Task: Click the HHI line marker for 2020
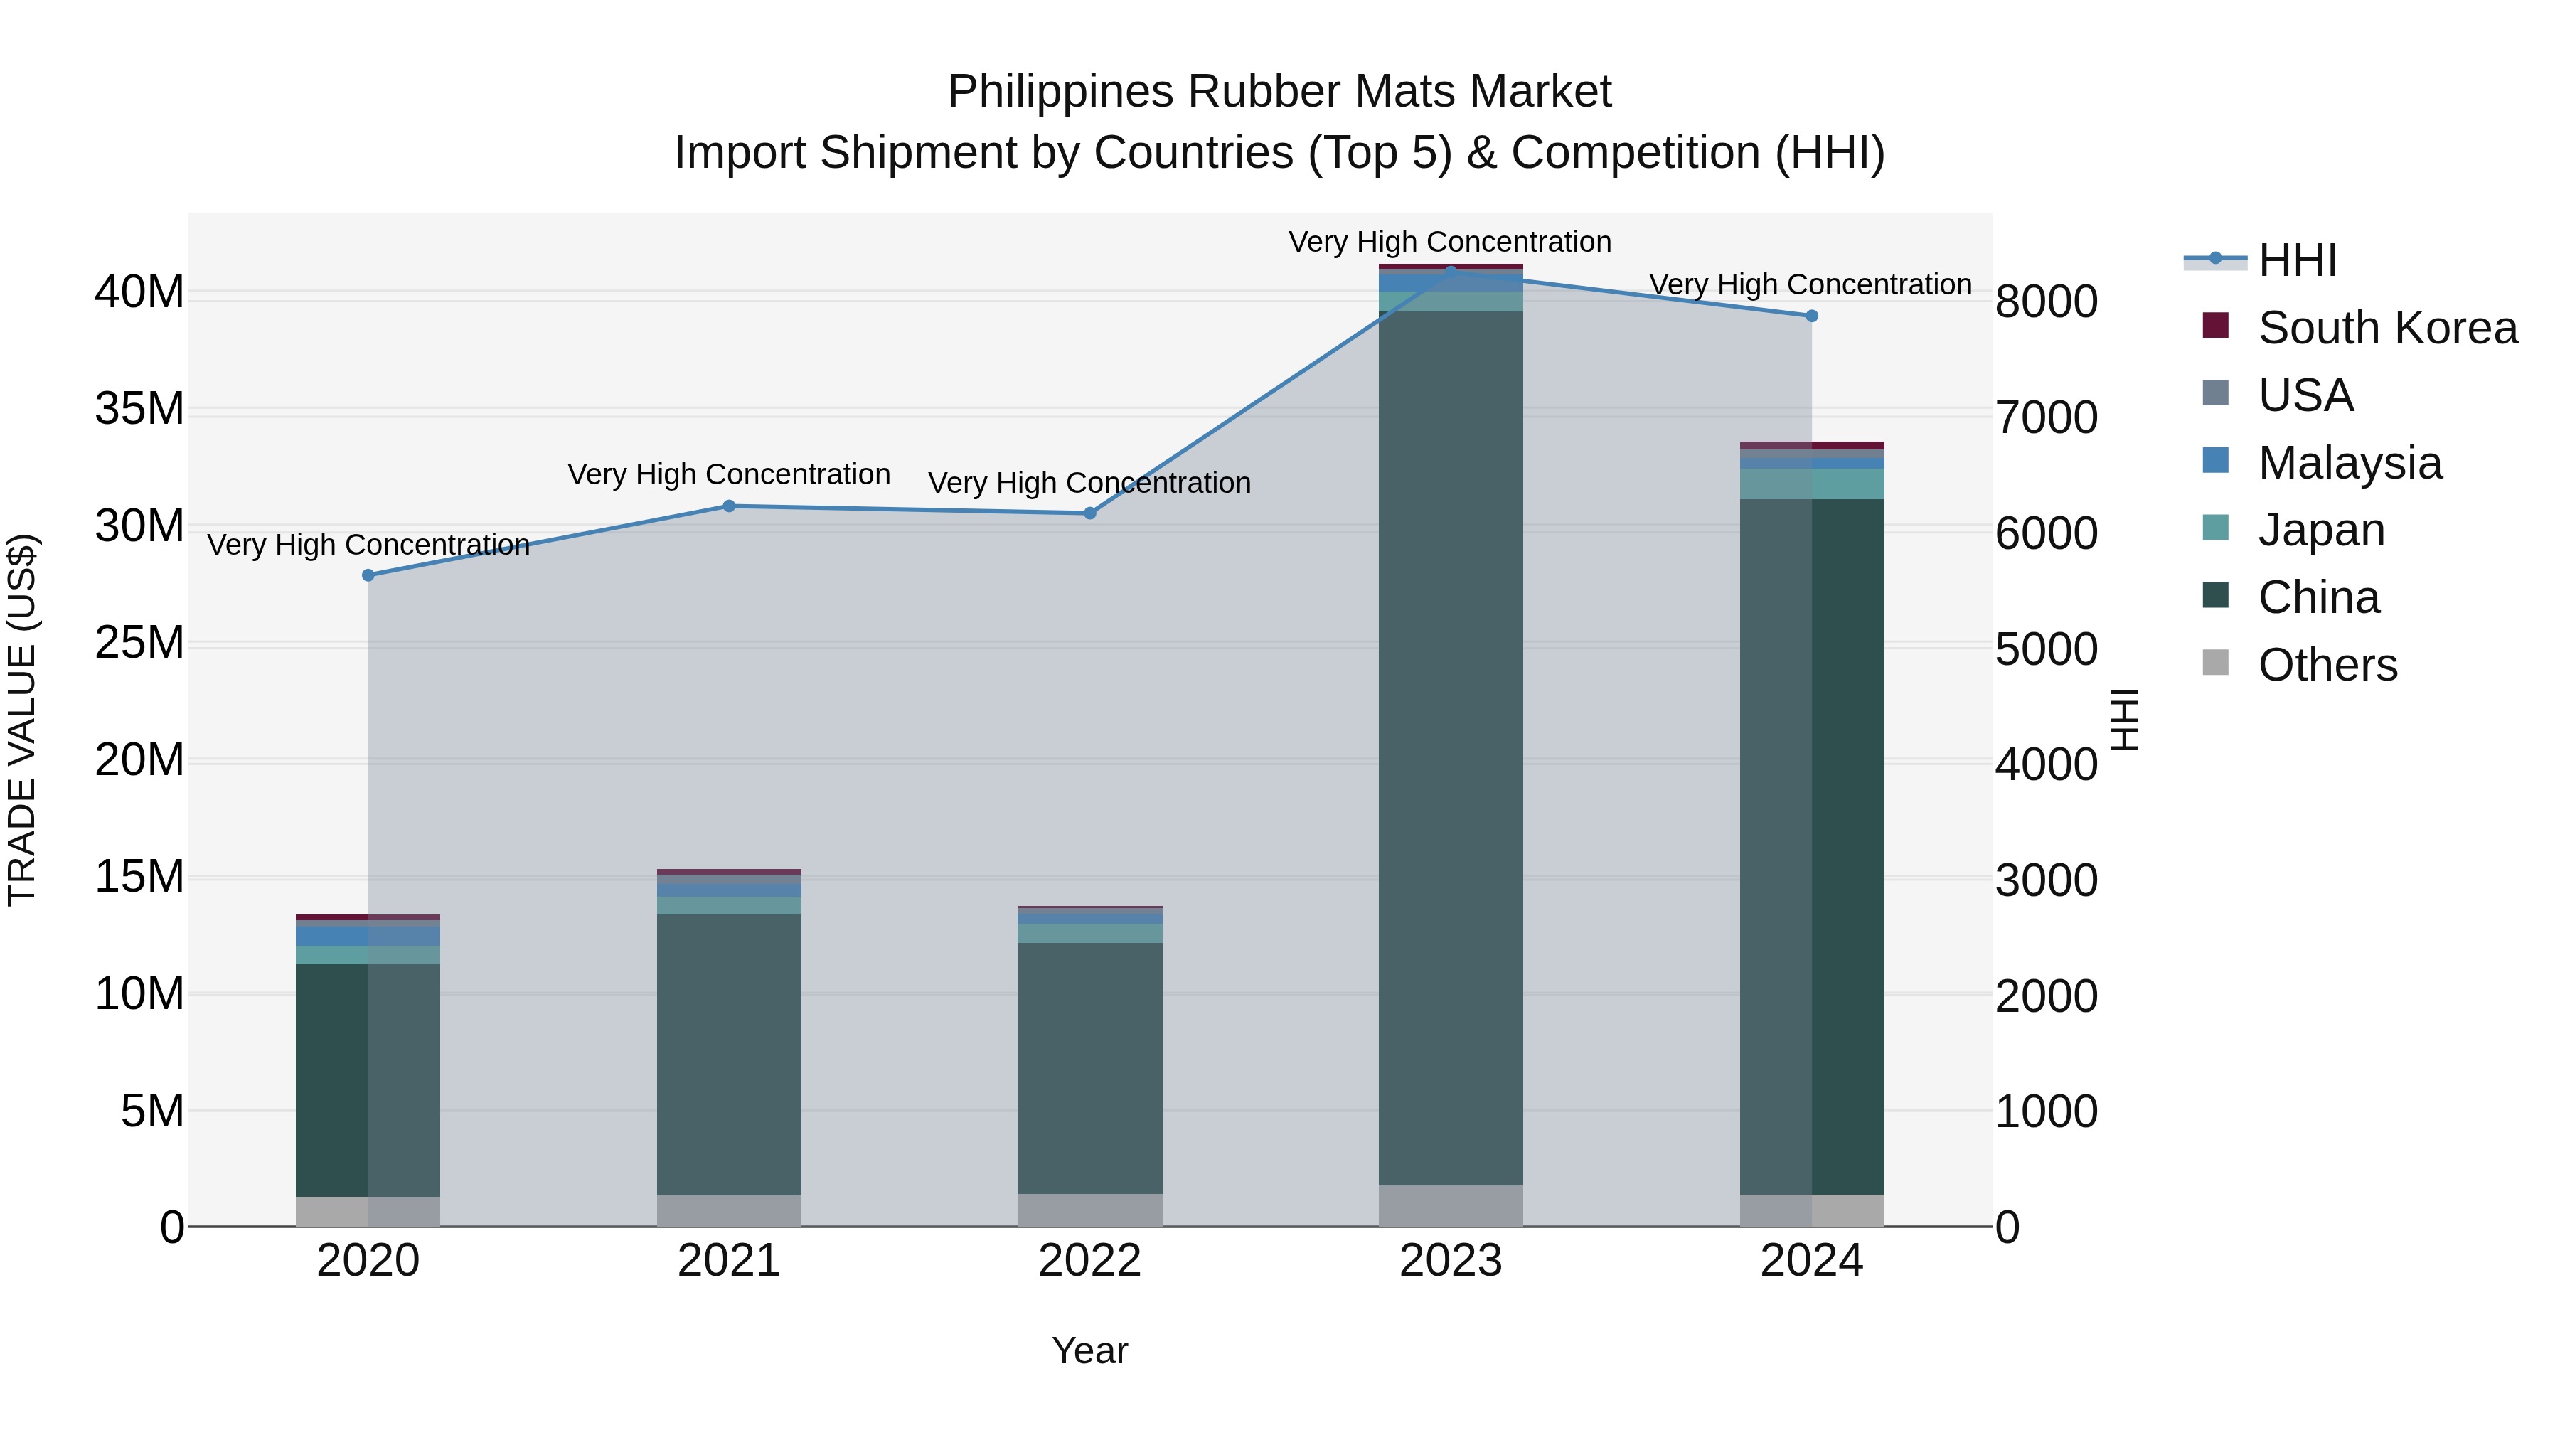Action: coord(368,575)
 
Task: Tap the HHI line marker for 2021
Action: coord(728,506)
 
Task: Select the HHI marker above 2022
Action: coord(1089,513)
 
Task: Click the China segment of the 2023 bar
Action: coord(1450,745)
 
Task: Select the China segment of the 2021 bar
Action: coord(728,1053)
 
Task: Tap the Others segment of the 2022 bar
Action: coord(1089,1210)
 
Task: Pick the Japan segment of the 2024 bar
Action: coord(1812,484)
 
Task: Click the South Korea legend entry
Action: coord(2385,328)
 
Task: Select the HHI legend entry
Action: coord(2295,260)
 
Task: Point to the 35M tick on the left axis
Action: coord(139,410)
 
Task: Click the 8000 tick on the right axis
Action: coord(2046,302)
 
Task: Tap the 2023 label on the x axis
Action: coord(1450,1261)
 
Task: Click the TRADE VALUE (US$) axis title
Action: coord(22,720)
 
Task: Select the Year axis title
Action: coord(1089,1350)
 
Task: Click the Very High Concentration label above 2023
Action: coord(1449,242)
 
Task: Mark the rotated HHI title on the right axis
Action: coord(2123,720)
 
